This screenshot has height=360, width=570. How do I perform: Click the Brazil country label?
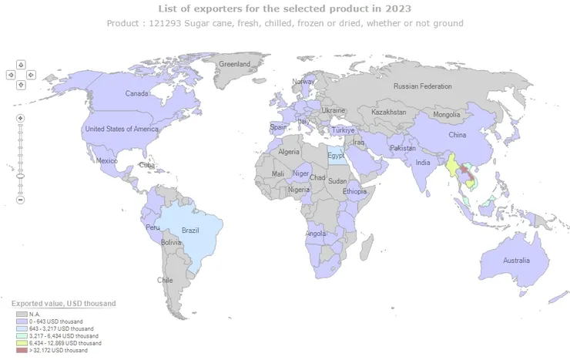click(x=190, y=230)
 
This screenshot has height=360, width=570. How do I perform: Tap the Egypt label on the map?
click(x=336, y=156)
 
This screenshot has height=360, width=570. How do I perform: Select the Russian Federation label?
click(x=422, y=86)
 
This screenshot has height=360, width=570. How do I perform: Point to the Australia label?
click(x=516, y=261)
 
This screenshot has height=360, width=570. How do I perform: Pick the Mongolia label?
click(x=446, y=115)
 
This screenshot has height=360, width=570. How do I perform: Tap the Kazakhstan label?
click(x=388, y=112)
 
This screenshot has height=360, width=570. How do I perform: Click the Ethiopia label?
click(x=355, y=190)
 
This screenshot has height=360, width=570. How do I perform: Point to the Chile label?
click(x=165, y=280)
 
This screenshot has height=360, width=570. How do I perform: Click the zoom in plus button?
click(x=21, y=118)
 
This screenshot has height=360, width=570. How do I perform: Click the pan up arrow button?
click(x=21, y=65)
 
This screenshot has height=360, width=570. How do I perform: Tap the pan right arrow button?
click(x=32, y=75)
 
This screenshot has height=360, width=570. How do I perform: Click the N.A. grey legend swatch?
click(x=21, y=314)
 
